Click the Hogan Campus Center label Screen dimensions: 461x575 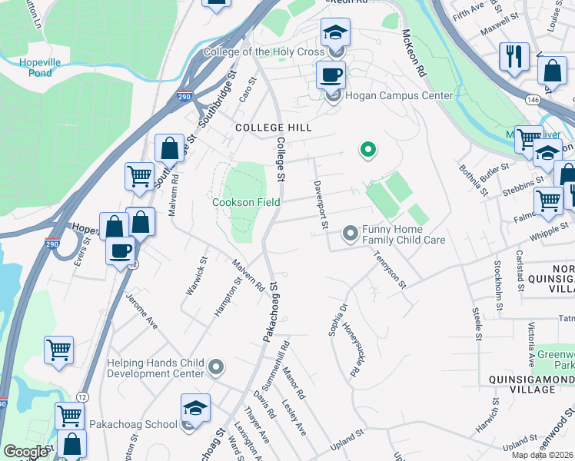399,96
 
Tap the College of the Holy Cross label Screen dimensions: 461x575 264,52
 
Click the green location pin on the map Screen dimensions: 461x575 368,150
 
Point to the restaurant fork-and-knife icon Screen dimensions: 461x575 513,56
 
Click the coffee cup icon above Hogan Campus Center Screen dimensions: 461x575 331,75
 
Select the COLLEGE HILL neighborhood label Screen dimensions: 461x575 269,127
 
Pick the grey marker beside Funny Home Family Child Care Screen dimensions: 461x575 351,231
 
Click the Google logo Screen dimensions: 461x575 26,452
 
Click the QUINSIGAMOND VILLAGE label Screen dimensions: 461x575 521,384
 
